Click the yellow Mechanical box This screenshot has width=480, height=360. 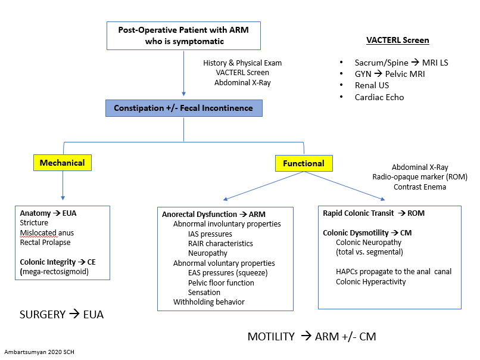click(62, 163)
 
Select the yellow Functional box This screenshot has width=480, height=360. click(303, 163)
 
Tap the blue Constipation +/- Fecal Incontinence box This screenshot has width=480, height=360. click(183, 108)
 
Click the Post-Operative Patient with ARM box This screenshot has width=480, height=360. click(183, 36)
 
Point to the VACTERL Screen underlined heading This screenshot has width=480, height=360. click(397, 41)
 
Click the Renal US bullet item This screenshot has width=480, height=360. click(372, 85)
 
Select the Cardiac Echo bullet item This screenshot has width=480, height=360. click(379, 97)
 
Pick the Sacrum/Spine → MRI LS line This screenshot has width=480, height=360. click(401, 63)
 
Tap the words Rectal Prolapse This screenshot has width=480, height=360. click(45, 242)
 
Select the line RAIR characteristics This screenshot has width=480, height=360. click(220, 243)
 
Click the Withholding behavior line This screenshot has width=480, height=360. click(208, 302)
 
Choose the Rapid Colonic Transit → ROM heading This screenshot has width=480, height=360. click(373, 213)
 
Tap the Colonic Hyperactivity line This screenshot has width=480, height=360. click(370, 281)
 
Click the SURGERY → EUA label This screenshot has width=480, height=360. click(61, 314)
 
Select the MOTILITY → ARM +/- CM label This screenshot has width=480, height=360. click(311, 337)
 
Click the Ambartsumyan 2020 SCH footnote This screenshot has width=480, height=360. click(39, 352)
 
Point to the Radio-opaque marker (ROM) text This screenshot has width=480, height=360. click(420, 177)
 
